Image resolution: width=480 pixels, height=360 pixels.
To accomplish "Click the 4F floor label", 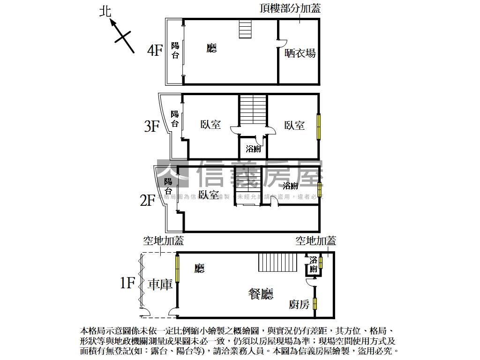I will click(x=155, y=51).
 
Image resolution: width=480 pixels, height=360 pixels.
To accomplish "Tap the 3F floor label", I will click(x=152, y=126).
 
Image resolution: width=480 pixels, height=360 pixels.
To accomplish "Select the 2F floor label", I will click(x=148, y=201).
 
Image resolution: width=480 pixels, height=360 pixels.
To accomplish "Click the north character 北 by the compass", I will click(x=106, y=12).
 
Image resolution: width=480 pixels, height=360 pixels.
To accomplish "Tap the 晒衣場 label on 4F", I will click(x=300, y=53).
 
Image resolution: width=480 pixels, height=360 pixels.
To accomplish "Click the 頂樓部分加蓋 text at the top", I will click(x=291, y=8).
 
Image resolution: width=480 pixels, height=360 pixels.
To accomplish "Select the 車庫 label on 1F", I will click(x=160, y=285).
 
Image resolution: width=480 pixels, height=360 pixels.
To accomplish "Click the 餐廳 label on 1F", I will click(x=261, y=294).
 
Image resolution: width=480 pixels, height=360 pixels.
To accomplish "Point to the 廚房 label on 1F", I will click(x=299, y=305).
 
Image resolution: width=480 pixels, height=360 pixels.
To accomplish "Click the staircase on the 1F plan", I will click(x=277, y=262).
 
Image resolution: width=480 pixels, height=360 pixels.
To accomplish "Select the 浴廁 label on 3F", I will click(x=253, y=149).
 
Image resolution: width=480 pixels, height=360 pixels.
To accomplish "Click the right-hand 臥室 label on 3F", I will click(x=294, y=125).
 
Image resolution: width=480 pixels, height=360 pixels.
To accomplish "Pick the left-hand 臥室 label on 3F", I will click(x=210, y=125).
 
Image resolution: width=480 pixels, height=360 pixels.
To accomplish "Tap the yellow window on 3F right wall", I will click(x=319, y=126).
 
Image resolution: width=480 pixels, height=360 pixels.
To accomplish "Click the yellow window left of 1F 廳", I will click(x=178, y=269).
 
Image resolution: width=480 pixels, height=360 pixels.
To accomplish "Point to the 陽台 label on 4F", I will click(x=175, y=51).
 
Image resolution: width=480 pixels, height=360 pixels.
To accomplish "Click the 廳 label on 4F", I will click(x=212, y=48).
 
